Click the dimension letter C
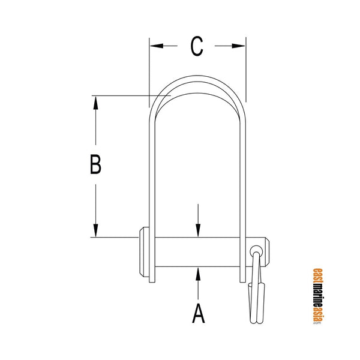point(197,46)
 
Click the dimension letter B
point(95,164)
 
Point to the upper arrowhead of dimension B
point(95,102)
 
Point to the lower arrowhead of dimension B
point(95,230)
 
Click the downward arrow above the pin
point(197,230)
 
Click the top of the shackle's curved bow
point(197,80)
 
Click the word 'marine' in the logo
point(317,293)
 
